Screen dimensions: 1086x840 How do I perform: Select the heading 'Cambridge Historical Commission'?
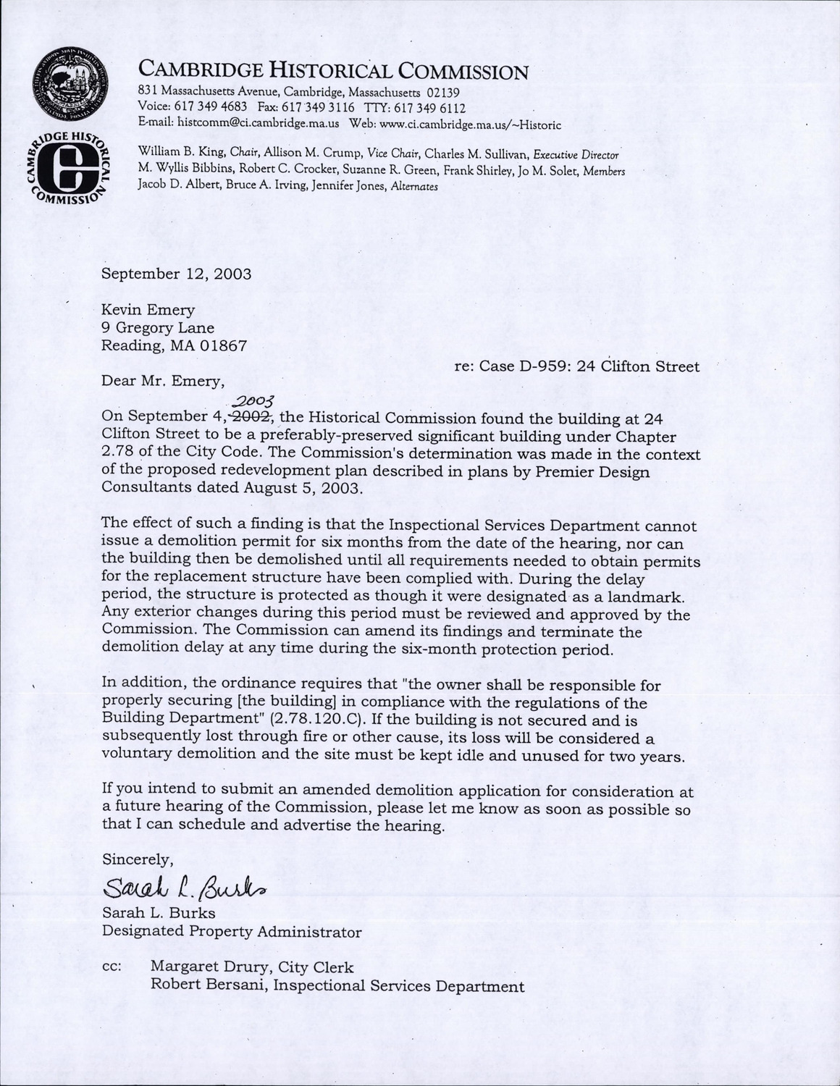click(333, 71)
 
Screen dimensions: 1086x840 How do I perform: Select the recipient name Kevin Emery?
click(148, 310)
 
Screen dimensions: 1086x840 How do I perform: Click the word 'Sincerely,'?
click(138, 859)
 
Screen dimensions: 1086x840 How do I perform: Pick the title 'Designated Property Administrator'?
click(231, 931)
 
